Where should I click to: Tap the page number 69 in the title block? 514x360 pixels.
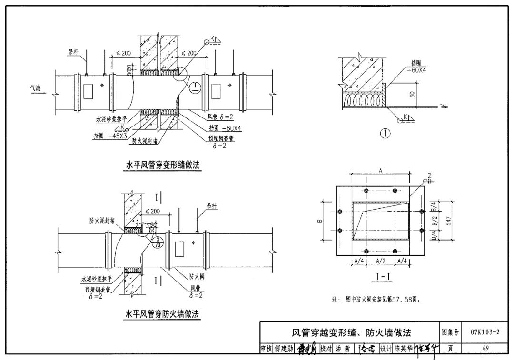click(485, 348)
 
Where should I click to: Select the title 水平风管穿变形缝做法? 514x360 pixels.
click(162, 165)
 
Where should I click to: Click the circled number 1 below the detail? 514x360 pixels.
click(385, 134)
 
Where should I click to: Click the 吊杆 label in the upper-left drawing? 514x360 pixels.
click(73, 53)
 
